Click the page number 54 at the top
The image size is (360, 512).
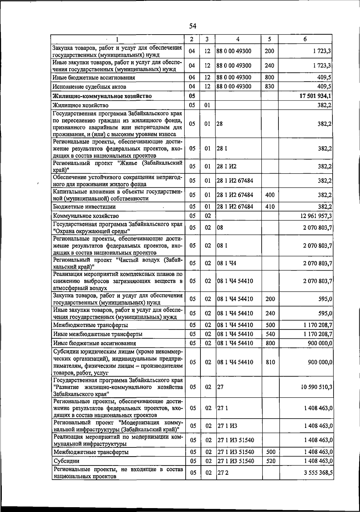[193, 26]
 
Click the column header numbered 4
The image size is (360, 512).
[238, 39]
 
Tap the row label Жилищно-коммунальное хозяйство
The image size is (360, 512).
[102, 96]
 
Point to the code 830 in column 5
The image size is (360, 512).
[270, 86]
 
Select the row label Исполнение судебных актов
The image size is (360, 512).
[89, 87]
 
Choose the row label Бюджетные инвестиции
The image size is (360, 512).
[84, 207]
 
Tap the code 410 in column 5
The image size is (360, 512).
[270, 207]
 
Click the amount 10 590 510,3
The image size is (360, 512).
[316, 387]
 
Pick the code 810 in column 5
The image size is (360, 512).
[270, 362]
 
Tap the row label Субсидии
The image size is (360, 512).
[66, 461]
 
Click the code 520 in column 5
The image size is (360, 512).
[271, 461]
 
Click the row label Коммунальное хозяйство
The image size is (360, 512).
[86, 216]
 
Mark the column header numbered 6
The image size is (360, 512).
[305, 39]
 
